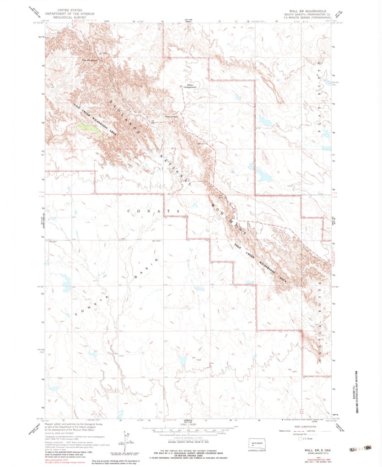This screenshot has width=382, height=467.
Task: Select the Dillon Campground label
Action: click(190, 86)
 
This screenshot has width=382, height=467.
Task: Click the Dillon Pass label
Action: click(171, 116)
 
